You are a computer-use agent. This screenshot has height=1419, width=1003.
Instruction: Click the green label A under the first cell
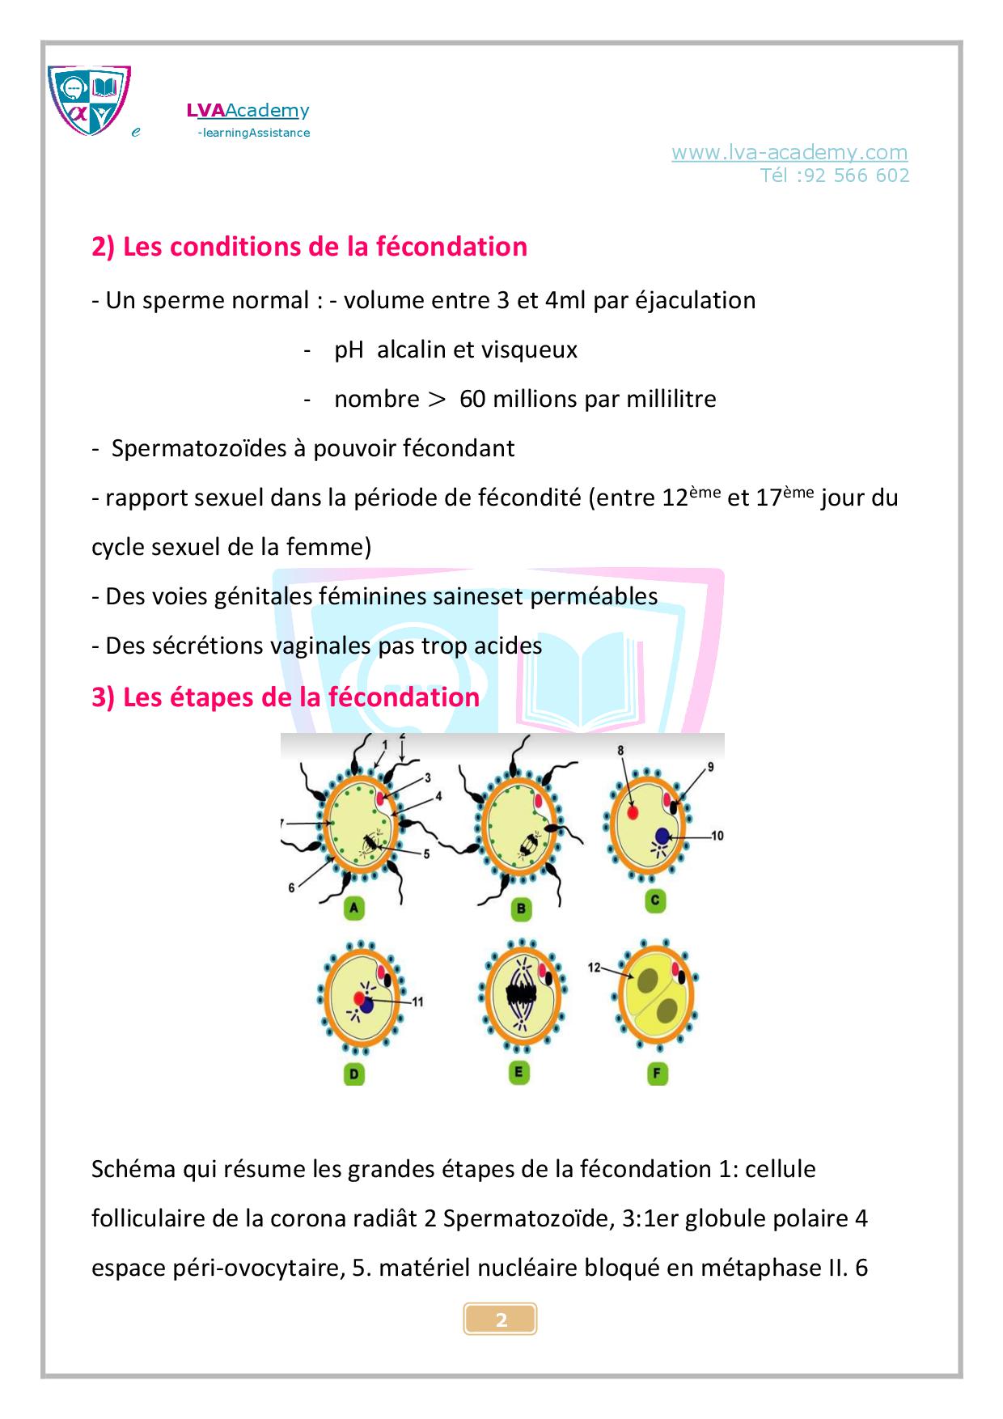(x=353, y=908)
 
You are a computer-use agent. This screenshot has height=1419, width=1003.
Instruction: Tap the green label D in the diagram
(x=353, y=1074)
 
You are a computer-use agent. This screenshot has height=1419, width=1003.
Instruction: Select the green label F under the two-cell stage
(x=656, y=1074)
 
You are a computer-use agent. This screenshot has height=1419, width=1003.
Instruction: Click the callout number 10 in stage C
(x=717, y=836)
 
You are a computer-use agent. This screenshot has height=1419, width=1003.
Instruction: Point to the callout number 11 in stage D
(x=417, y=1002)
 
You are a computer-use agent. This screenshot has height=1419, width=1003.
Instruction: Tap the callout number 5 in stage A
(x=426, y=853)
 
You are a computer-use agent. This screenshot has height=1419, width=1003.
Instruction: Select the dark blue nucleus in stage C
(x=662, y=836)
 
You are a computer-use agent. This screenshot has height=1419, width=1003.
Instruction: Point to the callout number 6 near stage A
(x=291, y=887)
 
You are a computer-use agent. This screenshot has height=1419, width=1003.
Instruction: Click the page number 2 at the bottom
(x=501, y=1320)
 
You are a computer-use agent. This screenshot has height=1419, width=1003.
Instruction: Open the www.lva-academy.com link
(x=789, y=152)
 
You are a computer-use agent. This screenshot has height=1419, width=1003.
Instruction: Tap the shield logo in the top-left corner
(x=89, y=100)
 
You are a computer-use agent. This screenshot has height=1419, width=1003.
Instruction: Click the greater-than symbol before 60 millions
(x=437, y=399)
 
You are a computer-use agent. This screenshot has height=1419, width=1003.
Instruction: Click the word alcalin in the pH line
(x=411, y=349)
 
